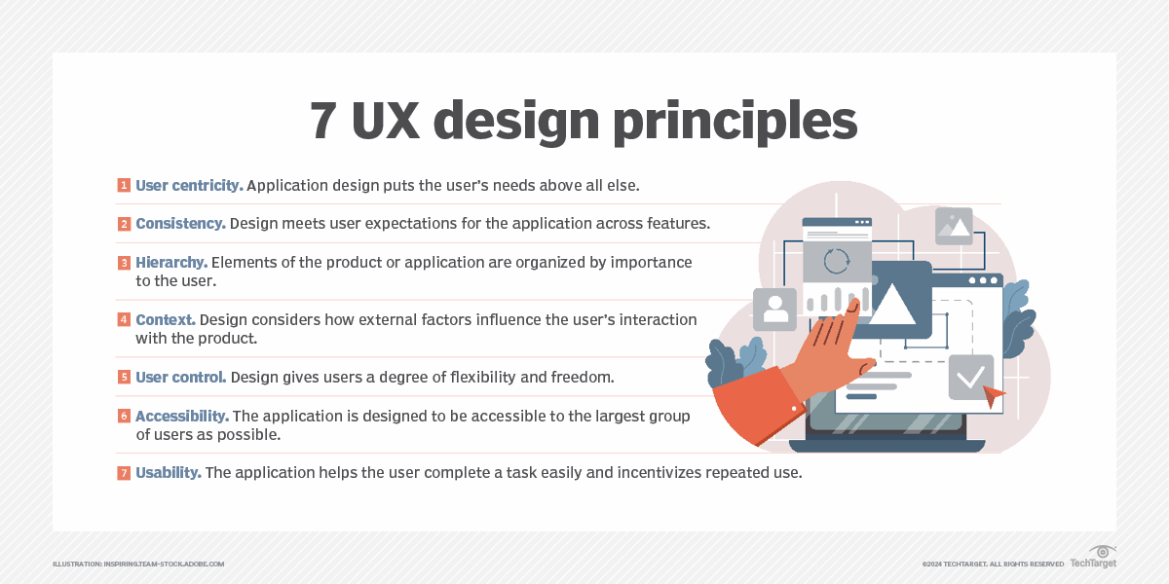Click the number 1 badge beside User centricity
click(x=124, y=185)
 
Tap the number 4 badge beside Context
click(x=124, y=319)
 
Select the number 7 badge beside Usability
click(x=124, y=472)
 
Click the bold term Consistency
click(x=180, y=223)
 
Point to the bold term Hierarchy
click(x=171, y=262)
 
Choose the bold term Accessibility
click(x=182, y=417)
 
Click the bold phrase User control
click(x=181, y=377)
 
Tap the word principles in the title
click(x=735, y=122)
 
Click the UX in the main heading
click(x=386, y=121)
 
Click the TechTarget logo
click(x=1094, y=557)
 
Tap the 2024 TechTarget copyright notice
click(x=993, y=565)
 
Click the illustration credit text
click(x=138, y=565)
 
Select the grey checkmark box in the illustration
click(x=970, y=377)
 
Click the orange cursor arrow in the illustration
click(x=994, y=395)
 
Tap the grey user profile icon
click(x=775, y=310)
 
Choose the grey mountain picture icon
click(x=954, y=226)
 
